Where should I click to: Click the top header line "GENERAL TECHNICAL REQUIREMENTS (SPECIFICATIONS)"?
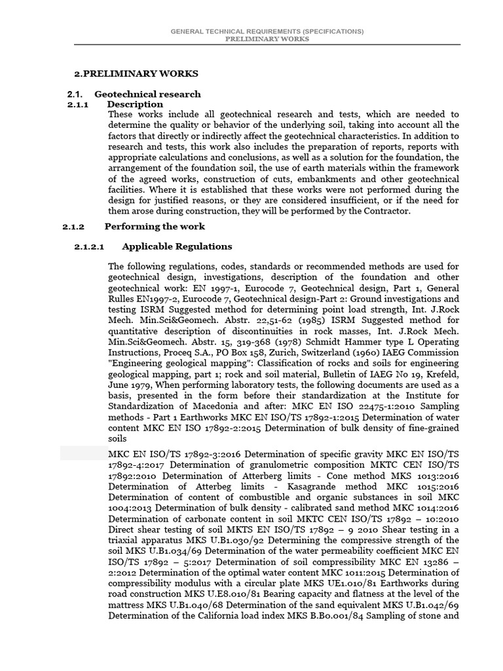pos(267,31)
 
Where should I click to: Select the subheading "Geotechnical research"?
pos(147,94)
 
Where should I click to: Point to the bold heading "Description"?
pos(135,104)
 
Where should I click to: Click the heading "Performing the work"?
pos(155,227)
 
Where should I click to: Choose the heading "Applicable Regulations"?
pos(176,246)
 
